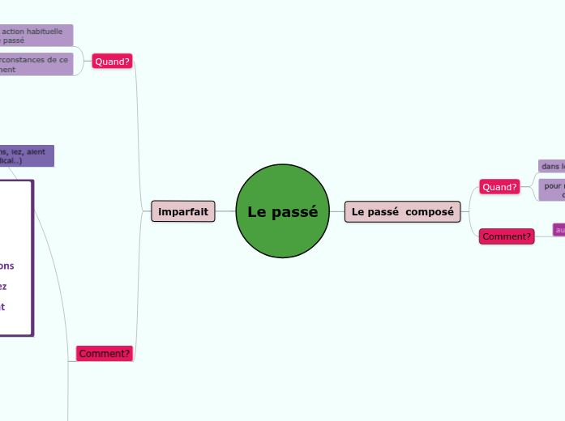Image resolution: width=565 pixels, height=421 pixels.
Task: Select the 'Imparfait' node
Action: pyautogui.click(x=183, y=212)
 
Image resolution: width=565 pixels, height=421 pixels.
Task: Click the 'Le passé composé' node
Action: pyautogui.click(x=402, y=212)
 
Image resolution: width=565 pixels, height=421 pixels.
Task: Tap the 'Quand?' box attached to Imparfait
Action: pyautogui.click(x=112, y=62)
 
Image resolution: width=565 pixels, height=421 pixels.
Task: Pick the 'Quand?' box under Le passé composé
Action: pyautogui.click(x=499, y=187)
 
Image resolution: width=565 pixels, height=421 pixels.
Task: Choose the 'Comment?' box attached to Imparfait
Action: pyautogui.click(x=105, y=354)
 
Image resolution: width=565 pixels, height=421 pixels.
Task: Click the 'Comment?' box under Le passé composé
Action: pyautogui.click(x=507, y=236)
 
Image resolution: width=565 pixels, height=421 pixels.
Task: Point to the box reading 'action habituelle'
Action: pyautogui.click(x=36, y=35)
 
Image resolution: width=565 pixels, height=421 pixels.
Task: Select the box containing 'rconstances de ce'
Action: pyautogui.click(x=36, y=64)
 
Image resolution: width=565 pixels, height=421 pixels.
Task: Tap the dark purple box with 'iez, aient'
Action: pyautogui.click(x=27, y=155)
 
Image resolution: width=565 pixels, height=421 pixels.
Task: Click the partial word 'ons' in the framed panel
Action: pyautogui.click(x=6, y=266)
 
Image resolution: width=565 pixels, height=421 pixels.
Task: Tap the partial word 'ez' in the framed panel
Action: pyautogui.click(x=3, y=286)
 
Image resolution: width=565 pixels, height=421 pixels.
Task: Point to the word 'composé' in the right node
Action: pyautogui.click(x=430, y=212)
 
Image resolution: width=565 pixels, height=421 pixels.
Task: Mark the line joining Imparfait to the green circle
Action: pyautogui.click(x=225, y=212)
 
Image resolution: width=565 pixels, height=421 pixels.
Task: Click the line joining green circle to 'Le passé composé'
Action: pyautogui.click(x=337, y=212)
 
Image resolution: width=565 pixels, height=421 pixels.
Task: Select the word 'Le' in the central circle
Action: pyautogui.click(x=256, y=212)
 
